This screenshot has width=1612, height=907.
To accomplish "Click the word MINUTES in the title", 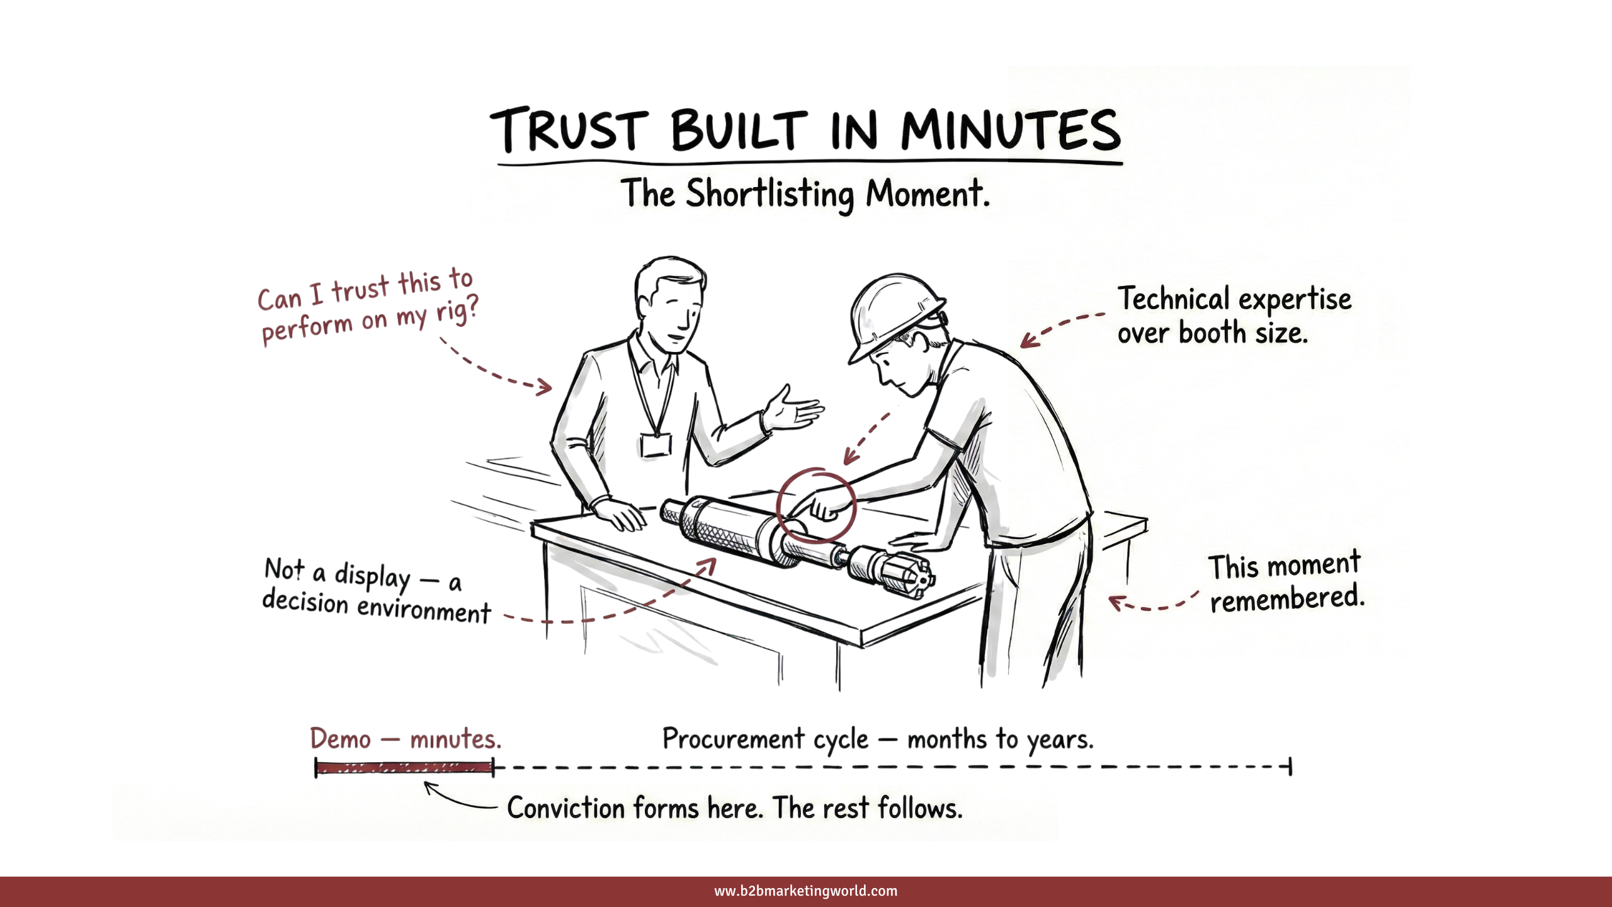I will tap(1011, 130).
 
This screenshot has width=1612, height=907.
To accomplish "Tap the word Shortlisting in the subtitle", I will tap(769, 194).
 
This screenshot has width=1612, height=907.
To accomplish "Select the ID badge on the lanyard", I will tap(656, 445).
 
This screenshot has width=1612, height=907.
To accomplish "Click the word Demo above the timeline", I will tap(341, 739).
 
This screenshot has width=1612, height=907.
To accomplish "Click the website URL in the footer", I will tap(805, 891).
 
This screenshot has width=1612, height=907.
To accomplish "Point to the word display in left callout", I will tap(372, 576).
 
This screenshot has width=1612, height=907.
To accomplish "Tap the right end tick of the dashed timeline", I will tap(1290, 767).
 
